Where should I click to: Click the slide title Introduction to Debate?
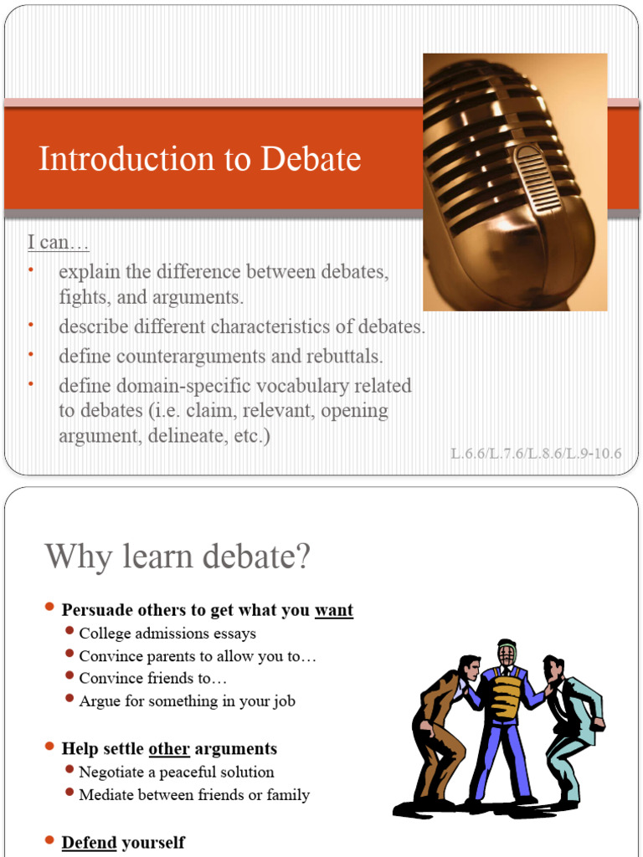pos(199,159)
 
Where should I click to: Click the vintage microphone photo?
pos(514,182)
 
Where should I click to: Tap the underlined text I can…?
pos(58,243)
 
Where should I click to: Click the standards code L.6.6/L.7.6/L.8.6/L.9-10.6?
pos(536,454)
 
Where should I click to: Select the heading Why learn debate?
pos(177,557)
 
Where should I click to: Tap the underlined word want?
pos(333,610)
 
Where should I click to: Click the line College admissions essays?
pos(167,634)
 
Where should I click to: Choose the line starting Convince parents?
pos(198,656)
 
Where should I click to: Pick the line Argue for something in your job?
pos(187,701)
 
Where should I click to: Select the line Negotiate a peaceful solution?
pos(176,772)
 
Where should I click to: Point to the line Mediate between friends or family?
pos(194,794)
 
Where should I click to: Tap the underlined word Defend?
pos(89,842)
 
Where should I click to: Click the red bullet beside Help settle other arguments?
pos(50,747)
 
